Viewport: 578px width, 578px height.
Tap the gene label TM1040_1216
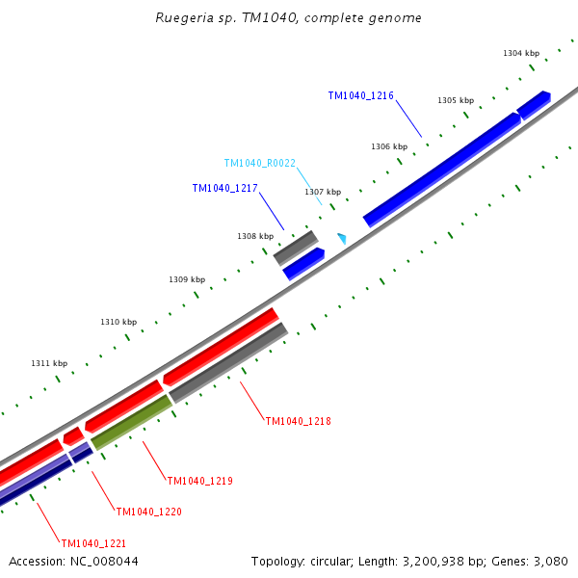(x=360, y=95)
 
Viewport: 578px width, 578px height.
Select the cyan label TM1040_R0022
(x=259, y=164)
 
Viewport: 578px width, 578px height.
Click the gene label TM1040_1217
(x=224, y=189)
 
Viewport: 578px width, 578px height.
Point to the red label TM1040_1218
(x=298, y=421)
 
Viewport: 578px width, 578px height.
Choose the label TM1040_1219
(x=199, y=481)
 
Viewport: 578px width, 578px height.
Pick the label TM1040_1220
(x=148, y=512)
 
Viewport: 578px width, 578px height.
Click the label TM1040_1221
(x=93, y=543)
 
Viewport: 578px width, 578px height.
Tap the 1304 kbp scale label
(x=520, y=53)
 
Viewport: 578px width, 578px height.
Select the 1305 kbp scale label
(x=456, y=100)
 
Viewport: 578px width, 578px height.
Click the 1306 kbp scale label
(x=389, y=146)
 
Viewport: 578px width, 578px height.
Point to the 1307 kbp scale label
(x=323, y=192)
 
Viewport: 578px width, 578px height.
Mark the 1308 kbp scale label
(x=255, y=236)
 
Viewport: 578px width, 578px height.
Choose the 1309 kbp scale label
(x=187, y=279)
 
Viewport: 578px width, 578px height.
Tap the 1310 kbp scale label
(x=118, y=322)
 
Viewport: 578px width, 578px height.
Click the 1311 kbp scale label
(x=49, y=363)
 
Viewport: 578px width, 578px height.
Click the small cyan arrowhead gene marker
(x=341, y=237)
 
